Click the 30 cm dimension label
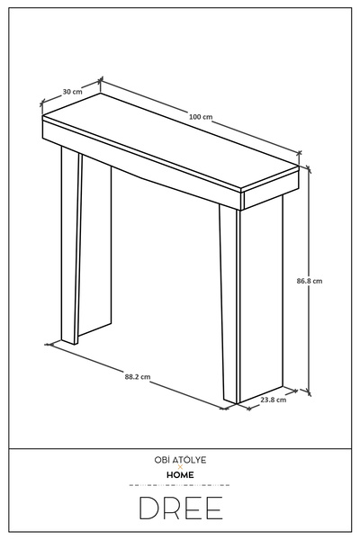coord(72,92)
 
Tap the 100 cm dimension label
coord(201,117)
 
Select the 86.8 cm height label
coord(310,281)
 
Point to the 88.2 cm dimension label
coord(138,377)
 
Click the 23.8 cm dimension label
coord(274,400)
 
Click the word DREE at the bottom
coord(181,508)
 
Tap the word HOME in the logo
coord(180,475)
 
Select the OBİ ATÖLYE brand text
coord(180,460)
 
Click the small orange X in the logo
coord(180,467)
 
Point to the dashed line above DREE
coord(179,485)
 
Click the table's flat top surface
coord(170,141)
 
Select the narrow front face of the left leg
coord(70,245)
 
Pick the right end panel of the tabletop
coord(271,189)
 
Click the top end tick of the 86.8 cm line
coord(309,168)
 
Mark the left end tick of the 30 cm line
coord(42,103)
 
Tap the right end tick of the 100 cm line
coord(299,152)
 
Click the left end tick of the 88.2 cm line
coord(49,344)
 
